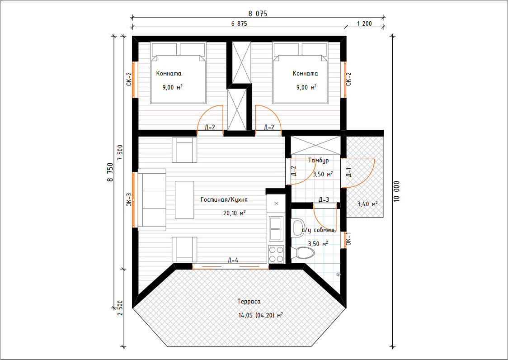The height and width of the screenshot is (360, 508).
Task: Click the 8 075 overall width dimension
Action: click(258, 14)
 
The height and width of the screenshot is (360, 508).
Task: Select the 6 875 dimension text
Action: click(239, 24)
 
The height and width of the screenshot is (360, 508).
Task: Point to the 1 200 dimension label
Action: click(364, 24)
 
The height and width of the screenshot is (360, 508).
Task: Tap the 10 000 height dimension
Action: click(397, 191)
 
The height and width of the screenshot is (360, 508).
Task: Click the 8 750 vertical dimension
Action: click(110, 172)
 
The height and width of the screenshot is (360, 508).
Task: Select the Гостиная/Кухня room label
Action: click(224, 200)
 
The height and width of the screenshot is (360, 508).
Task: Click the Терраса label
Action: click(249, 301)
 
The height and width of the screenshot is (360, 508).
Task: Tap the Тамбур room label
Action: click(319, 160)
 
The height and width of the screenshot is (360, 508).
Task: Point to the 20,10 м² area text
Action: click(234, 213)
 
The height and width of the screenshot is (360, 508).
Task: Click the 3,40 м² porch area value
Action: click(367, 204)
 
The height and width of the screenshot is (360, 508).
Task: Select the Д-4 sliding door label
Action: click(233, 260)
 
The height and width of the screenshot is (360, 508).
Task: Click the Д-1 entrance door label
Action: click(348, 172)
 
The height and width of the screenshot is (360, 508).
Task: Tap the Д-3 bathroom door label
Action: click(324, 199)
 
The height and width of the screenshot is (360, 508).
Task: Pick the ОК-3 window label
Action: click(129, 200)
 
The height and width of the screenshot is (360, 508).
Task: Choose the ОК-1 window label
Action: click(348, 238)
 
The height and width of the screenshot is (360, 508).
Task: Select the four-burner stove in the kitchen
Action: click(276, 254)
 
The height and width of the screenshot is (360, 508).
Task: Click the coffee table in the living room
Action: click(185, 200)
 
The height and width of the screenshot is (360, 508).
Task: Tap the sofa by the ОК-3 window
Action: click(152, 200)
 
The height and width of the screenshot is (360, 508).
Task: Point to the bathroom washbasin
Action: click(297, 227)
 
